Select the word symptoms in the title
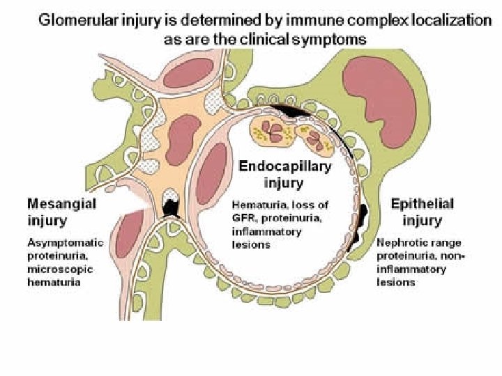tap(331, 39)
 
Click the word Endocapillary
tap(285, 166)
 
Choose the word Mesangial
tap(62, 204)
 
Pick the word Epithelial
tap(422, 204)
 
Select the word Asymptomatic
tap(65, 243)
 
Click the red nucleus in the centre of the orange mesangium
tap(182, 132)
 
